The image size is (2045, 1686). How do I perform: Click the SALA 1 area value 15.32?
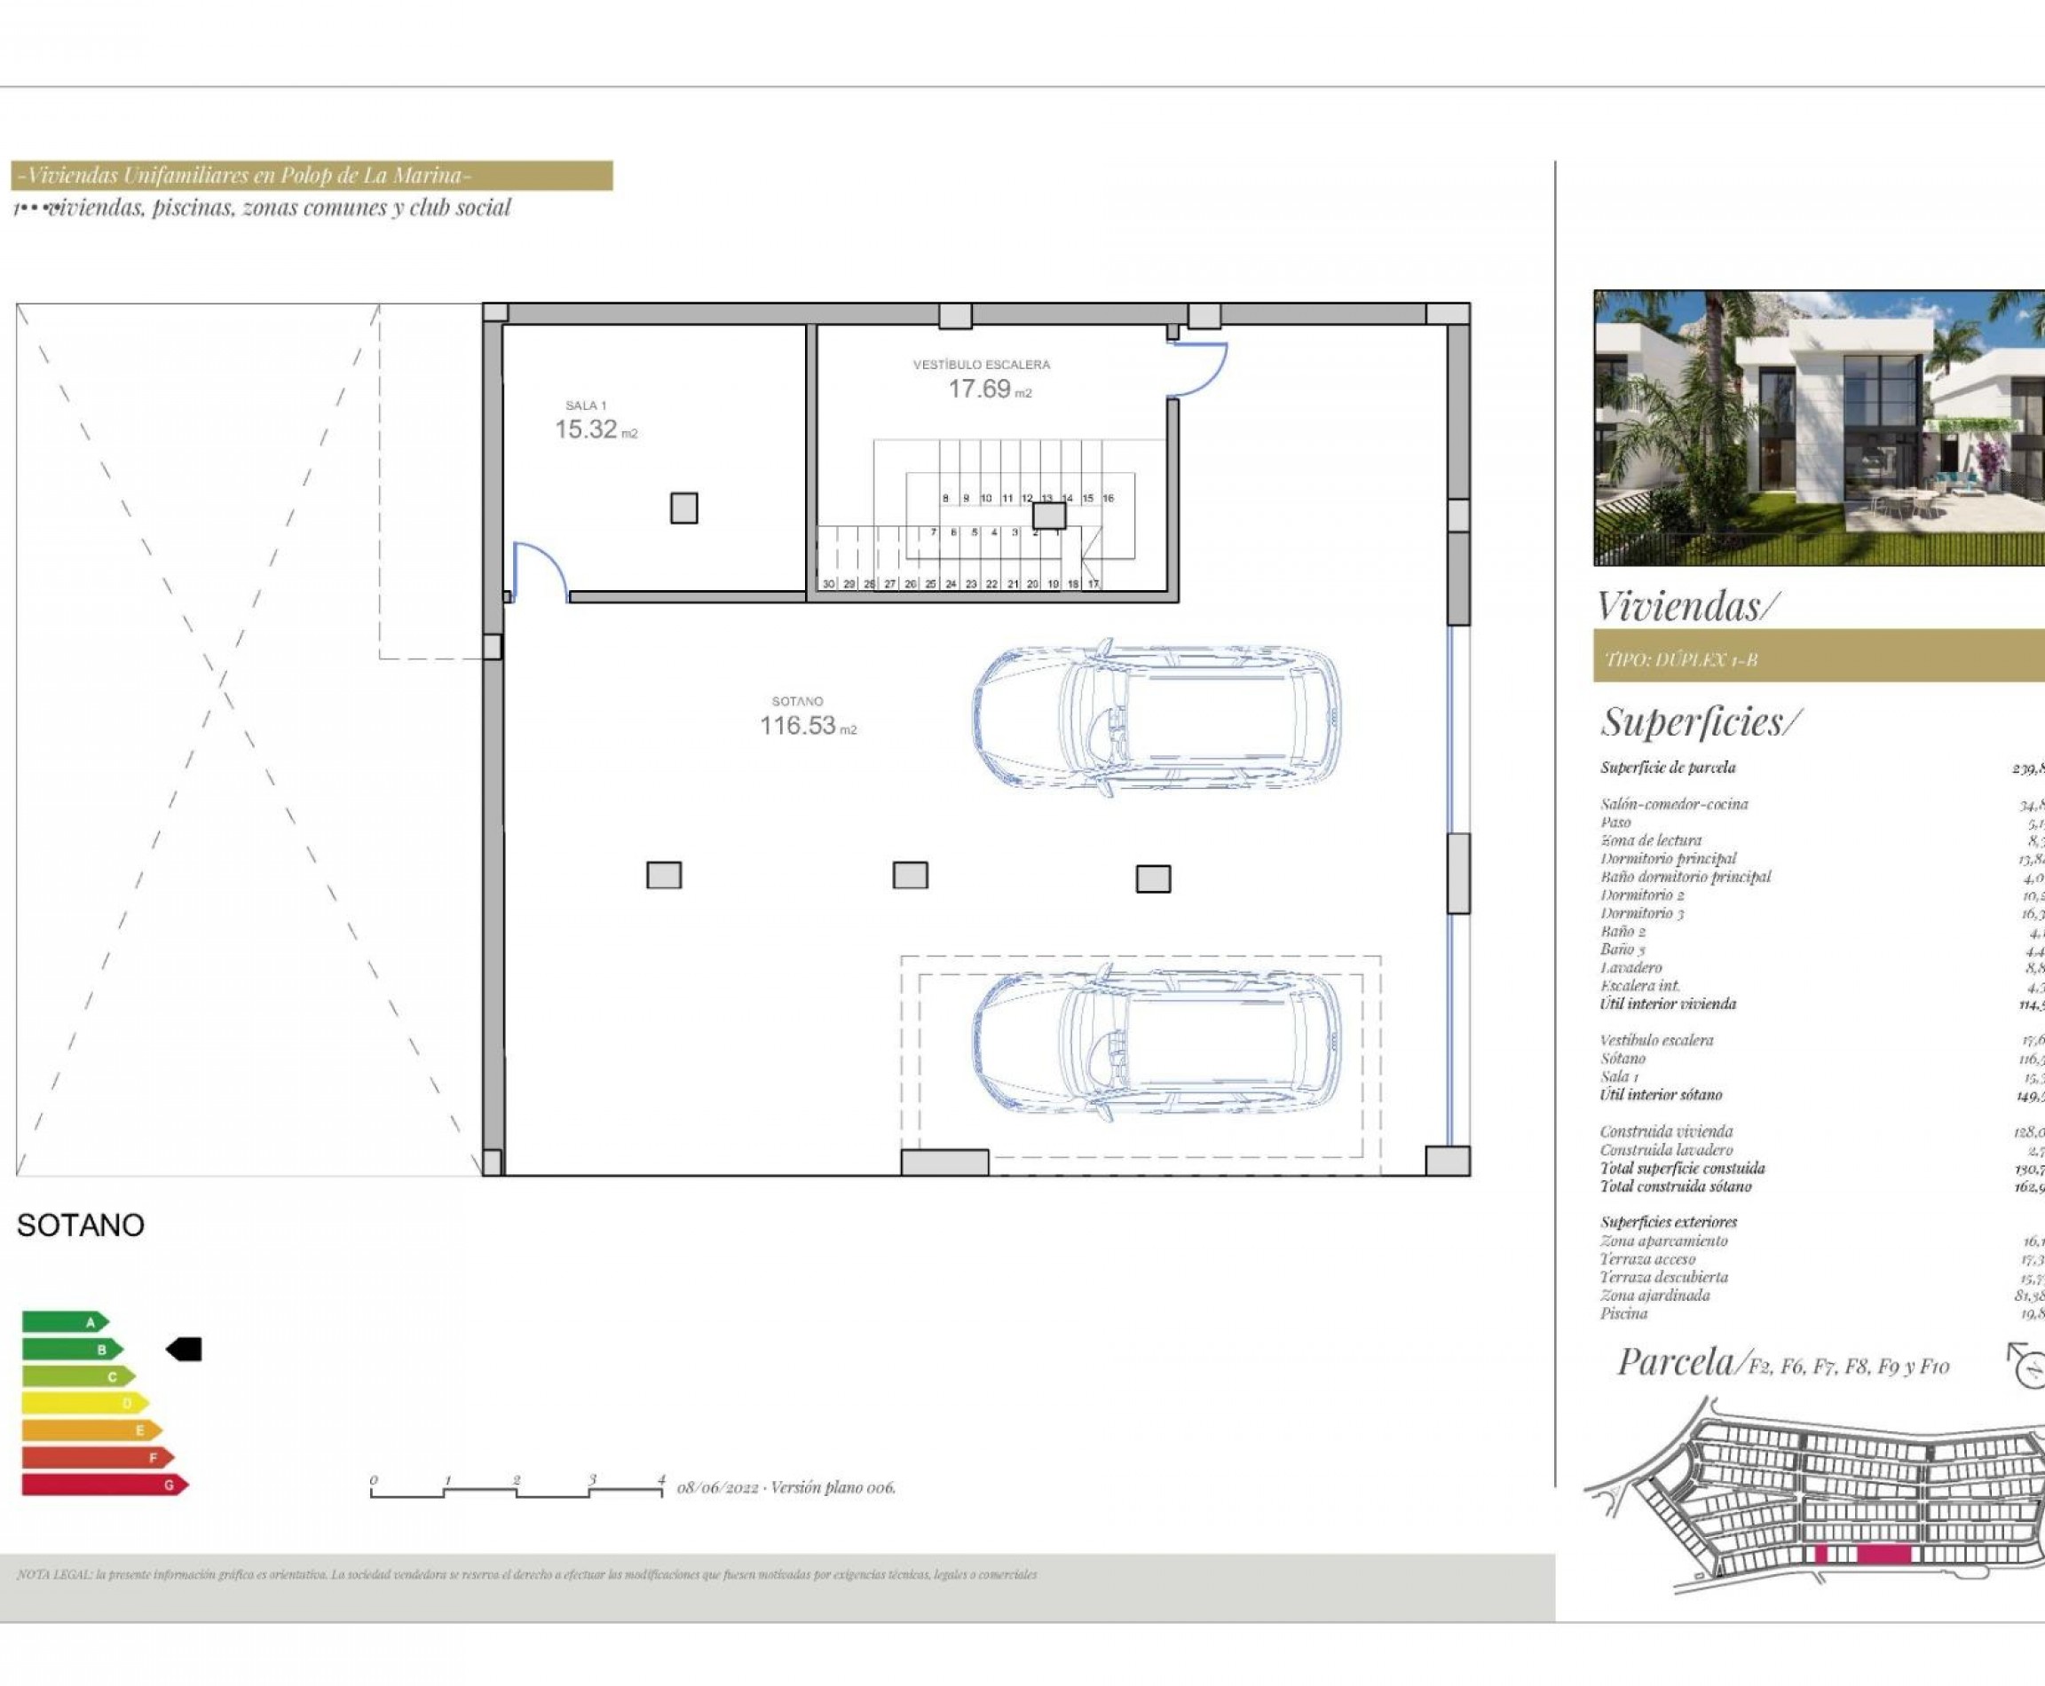[586, 429]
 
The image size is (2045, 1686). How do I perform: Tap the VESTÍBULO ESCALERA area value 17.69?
[979, 389]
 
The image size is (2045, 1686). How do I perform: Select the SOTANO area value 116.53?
[798, 726]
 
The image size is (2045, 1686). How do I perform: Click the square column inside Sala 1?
[684, 508]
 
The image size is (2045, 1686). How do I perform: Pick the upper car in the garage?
[1156, 718]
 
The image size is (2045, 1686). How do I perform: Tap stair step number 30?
[828, 584]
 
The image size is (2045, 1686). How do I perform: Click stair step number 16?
[1108, 498]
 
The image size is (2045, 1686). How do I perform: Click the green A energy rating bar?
[64, 1322]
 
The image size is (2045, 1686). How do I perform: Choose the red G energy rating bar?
[103, 1485]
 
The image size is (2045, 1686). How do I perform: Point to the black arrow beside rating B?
[185, 1349]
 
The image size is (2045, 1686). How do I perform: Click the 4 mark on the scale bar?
[660, 1481]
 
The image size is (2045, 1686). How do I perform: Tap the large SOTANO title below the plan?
[81, 1225]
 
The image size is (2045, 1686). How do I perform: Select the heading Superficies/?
[1700, 721]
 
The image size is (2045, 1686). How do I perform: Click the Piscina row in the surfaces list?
[1624, 1313]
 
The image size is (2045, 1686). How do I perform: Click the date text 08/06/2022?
[717, 1487]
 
